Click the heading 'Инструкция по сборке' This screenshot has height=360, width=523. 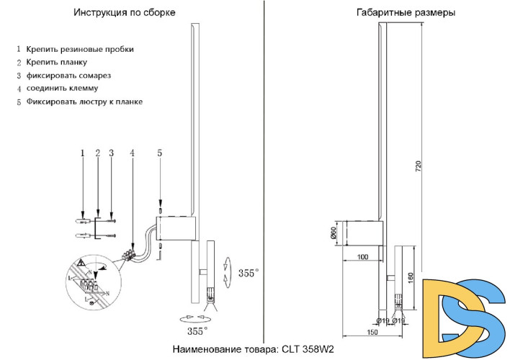tap(135, 14)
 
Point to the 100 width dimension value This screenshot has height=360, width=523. tap(362, 257)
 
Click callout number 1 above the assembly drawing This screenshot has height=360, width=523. tap(83, 153)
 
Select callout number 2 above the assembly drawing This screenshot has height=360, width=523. tap(97, 153)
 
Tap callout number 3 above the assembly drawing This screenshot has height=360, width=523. tap(111, 153)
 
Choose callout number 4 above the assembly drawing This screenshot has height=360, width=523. tap(132, 153)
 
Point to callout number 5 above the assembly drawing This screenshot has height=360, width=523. tap(159, 153)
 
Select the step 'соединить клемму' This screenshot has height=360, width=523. tap(62, 89)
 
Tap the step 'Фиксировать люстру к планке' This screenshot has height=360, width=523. tap(84, 102)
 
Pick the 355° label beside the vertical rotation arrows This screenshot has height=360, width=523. tap(249, 274)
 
